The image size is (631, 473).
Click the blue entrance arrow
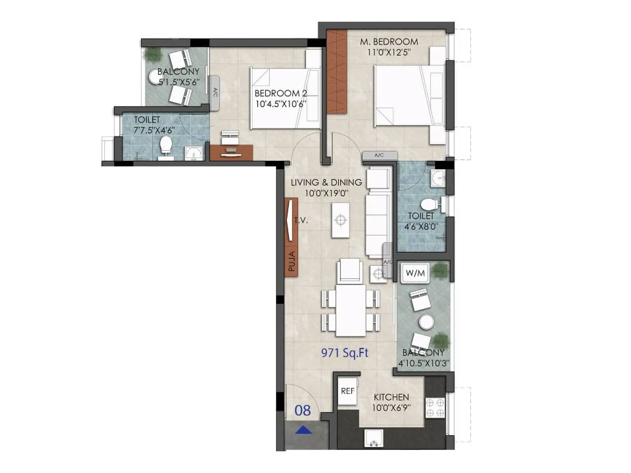tap(303, 430)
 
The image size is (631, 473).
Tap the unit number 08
tap(302, 411)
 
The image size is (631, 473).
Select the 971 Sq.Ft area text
tap(345, 353)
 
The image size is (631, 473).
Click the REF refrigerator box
tap(347, 391)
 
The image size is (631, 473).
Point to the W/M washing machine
tap(415, 273)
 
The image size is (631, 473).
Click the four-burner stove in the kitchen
tap(435, 408)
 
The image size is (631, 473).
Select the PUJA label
tap(291, 261)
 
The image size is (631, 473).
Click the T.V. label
tap(301, 220)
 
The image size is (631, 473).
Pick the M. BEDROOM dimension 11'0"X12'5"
tap(389, 52)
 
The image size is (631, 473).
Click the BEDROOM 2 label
tap(280, 93)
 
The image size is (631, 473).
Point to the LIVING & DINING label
tap(326, 182)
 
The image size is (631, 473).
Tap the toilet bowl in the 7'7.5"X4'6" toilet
tap(166, 145)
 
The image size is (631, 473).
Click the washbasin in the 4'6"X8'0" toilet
tap(438, 179)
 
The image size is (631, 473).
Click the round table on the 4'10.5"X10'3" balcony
tap(426, 322)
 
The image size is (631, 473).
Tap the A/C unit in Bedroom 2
tap(215, 93)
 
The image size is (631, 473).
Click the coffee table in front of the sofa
tap(340, 220)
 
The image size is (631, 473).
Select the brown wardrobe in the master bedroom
tap(337, 72)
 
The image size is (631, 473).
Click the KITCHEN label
tap(391, 397)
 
